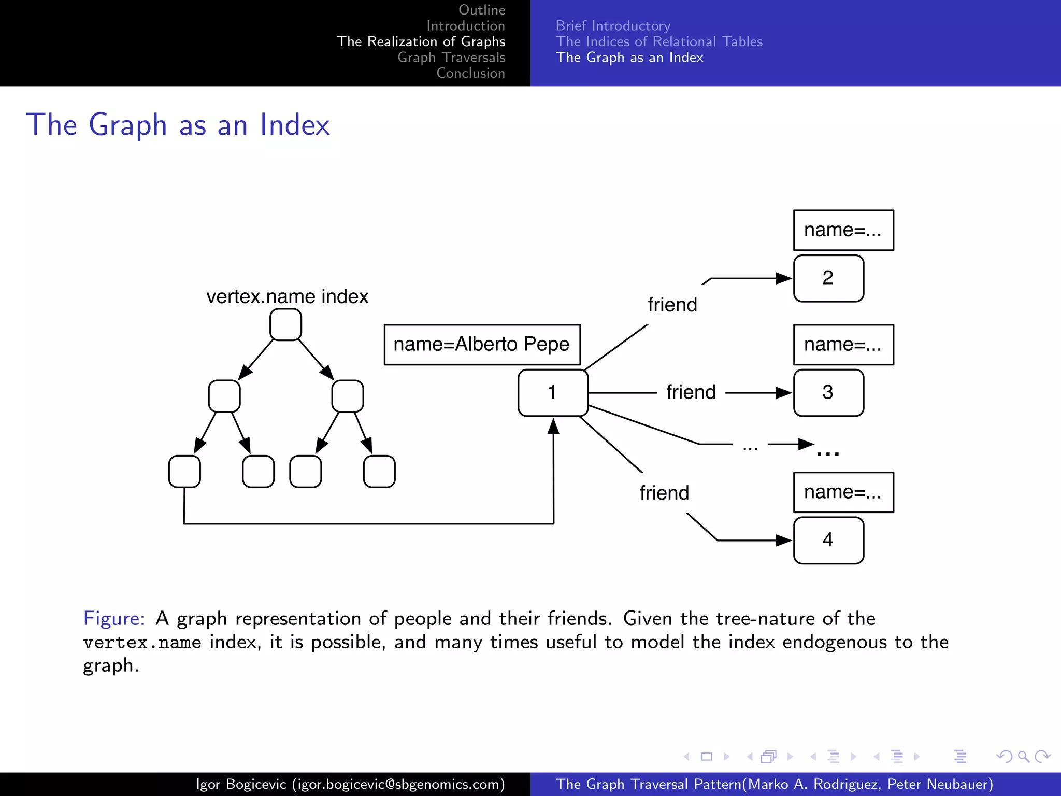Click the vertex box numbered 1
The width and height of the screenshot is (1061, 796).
click(x=553, y=393)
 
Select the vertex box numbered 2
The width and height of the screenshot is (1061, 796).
click(x=828, y=278)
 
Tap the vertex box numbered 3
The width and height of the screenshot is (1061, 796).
click(x=828, y=393)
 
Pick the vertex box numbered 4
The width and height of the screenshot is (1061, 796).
click(x=828, y=540)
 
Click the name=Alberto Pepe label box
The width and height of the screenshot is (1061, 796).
click(x=482, y=345)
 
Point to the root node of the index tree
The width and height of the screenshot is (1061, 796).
click(x=285, y=325)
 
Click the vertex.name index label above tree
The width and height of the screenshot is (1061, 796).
click(x=287, y=297)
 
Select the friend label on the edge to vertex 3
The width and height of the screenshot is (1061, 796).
click(x=691, y=392)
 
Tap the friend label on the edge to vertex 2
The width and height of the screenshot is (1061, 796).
click(x=672, y=305)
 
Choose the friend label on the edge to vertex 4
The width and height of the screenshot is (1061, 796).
click(x=664, y=493)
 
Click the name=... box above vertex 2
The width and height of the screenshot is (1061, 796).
click(x=843, y=230)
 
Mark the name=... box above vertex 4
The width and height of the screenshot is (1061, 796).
click(x=843, y=492)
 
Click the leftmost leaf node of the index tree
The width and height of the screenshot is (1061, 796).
click(x=184, y=472)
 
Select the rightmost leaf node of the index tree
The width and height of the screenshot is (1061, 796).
click(x=379, y=472)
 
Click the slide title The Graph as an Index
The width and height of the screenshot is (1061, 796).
click(x=178, y=125)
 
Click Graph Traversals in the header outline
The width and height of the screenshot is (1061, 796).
click(x=451, y=58)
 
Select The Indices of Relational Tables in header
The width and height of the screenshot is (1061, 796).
click(x=659, y=41)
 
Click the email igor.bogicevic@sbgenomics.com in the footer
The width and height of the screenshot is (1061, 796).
click(x=398, y=784)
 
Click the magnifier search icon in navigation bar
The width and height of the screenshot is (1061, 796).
click(x=1023, y=757)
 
